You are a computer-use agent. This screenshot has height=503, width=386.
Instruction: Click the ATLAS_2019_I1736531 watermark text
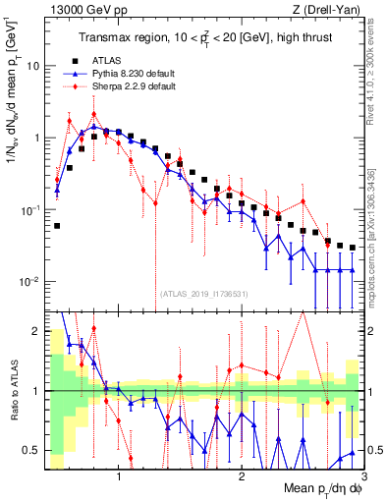pos(204,294)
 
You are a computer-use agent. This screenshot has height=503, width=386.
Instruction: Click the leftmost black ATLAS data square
pos(57,225)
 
